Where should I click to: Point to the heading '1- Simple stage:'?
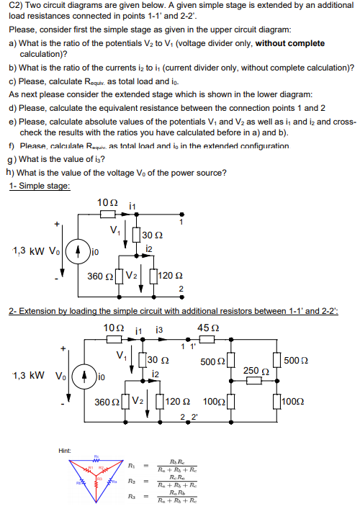point(40,186)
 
